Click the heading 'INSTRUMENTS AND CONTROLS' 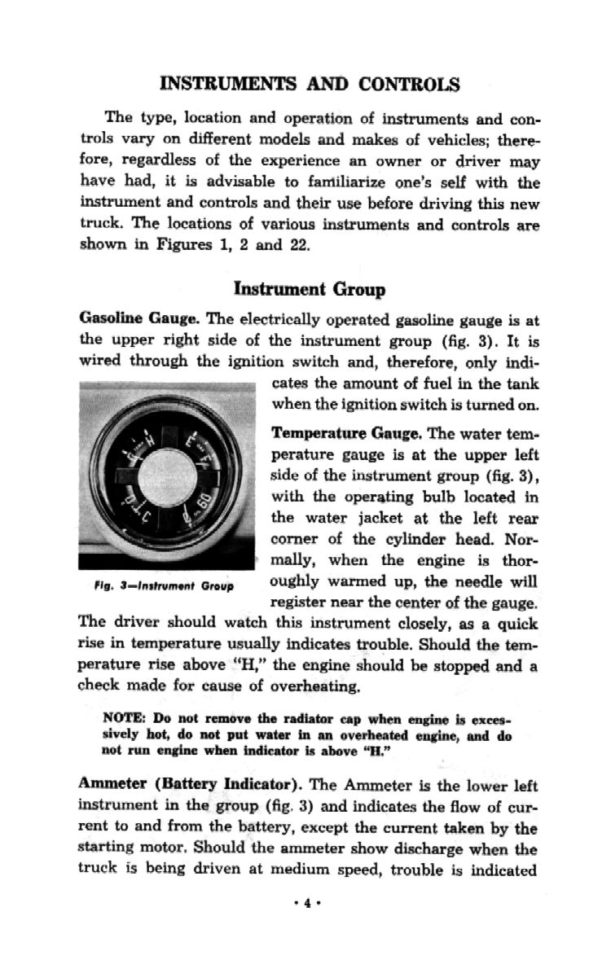point(310,84)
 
